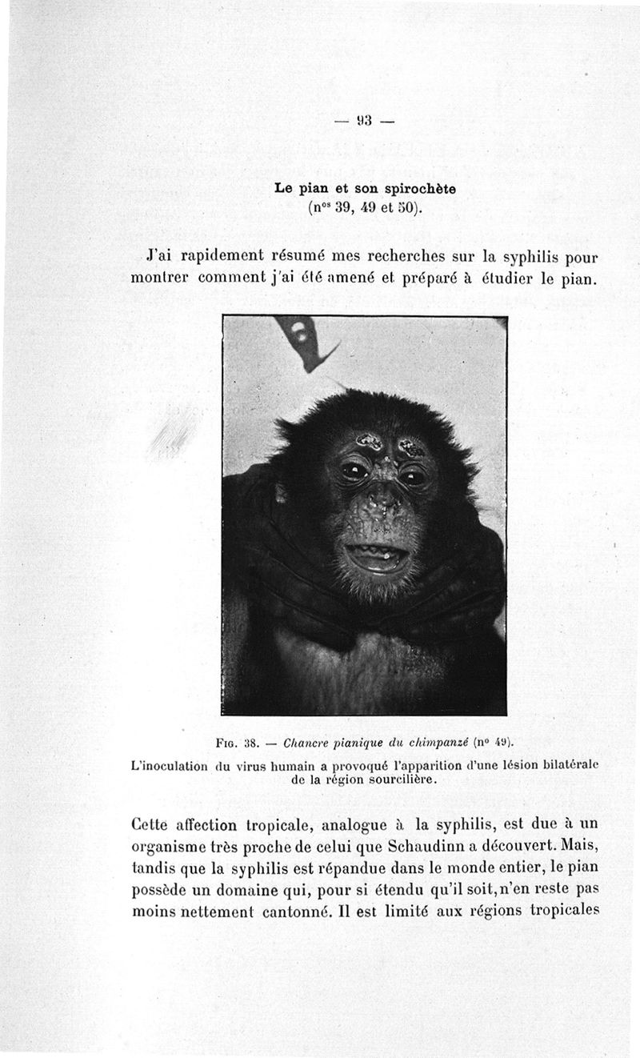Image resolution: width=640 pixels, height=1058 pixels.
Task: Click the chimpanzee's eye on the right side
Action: point(413,478)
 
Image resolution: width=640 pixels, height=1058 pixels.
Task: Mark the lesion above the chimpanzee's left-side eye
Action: point(369,441)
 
